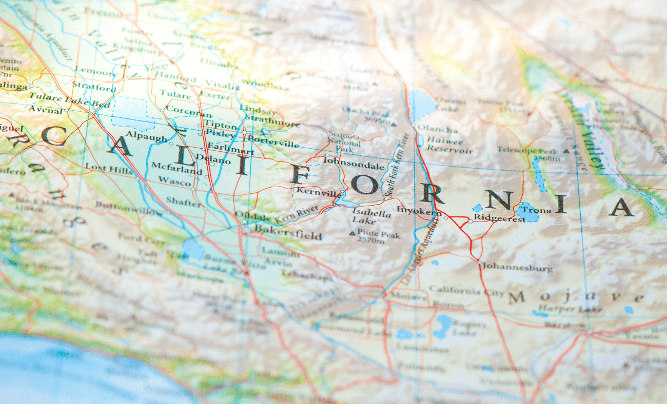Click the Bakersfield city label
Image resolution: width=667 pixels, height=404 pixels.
pyautogui.click(x=288, y=235)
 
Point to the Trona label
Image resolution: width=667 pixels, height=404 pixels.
pyautogui.click(x=537, y=210)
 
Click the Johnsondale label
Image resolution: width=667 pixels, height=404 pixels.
pyautogui.click(x=354, y=167)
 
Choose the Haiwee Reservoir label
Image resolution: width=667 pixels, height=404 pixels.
pyautogui.click(x=445, y=146)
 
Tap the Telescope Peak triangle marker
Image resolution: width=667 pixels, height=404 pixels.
pyautogui.click(x=566, y=151)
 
